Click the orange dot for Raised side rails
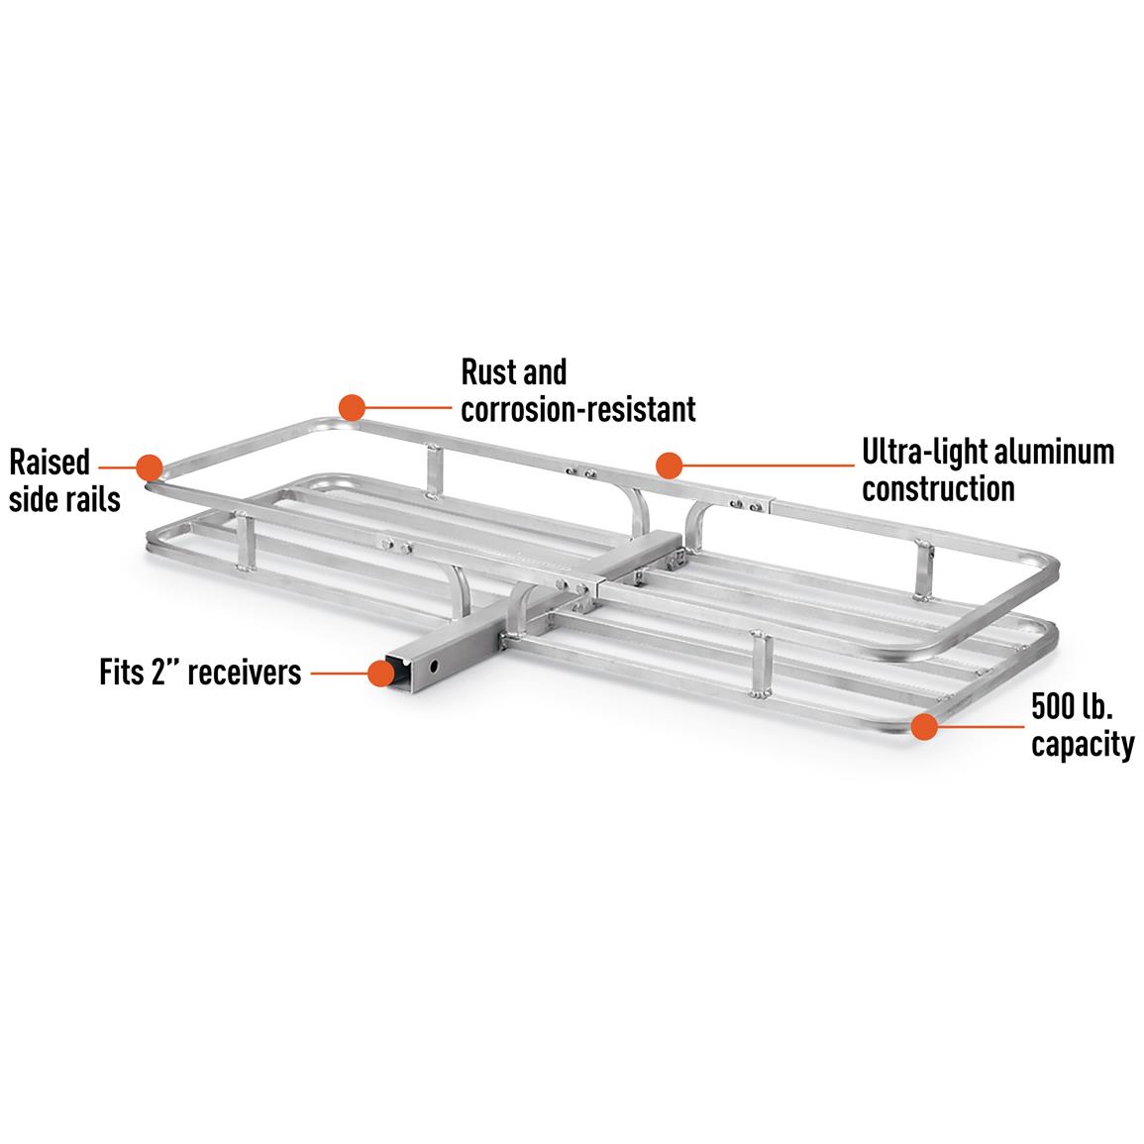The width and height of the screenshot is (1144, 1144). [x=149, y=468]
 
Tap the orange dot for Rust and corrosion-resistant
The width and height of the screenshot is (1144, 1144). [x=352, y=406]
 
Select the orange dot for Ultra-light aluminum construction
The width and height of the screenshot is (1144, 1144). [x=670, y=466]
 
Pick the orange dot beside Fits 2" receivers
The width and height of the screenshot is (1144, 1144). [x=380, y=674]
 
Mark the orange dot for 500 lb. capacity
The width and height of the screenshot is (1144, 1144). [x=924, y=726]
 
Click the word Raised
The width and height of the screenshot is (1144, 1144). [x=50, y=463]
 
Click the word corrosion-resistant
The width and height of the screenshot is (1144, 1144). [x=578, y=408]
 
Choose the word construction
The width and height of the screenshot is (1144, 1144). [x=938, y=488]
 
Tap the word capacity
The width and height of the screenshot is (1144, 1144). [x=1083, y=744]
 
